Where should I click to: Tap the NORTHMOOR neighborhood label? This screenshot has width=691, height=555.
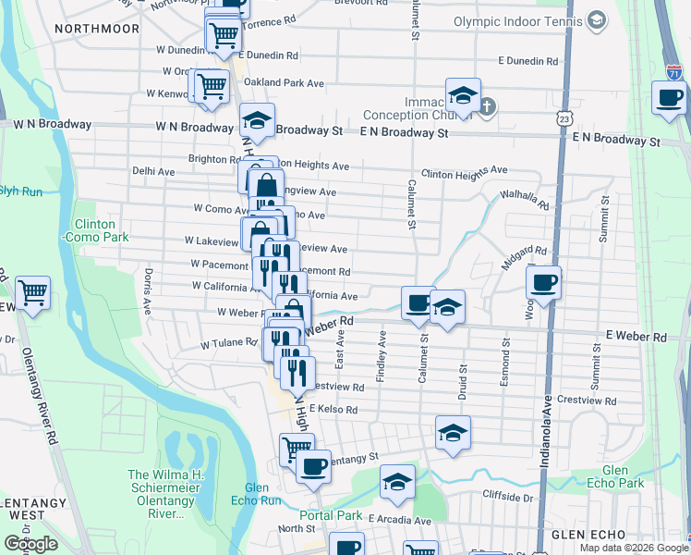click(x=96, y=28)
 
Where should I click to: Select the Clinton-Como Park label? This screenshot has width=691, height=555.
click(x=95, y=230)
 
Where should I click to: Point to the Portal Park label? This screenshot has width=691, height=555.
click(x=331, y=515)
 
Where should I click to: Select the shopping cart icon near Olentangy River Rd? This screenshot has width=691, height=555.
click(x=32, y=292)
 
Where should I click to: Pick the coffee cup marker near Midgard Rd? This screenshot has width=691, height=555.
click(x=543, y=281)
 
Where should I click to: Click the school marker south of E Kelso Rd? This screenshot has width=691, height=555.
click(x=453, y=432)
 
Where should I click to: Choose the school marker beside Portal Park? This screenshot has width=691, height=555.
click(x=397, y=481)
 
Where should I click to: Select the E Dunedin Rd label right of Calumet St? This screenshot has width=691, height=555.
click(x=528, y=61)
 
